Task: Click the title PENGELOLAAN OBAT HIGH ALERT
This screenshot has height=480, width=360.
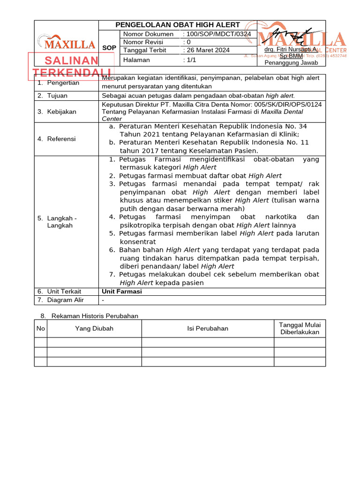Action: tap(178, 25)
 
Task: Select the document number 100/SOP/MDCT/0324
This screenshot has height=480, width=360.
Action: tap(218, 34)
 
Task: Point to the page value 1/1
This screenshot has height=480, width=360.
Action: tap(191, 60)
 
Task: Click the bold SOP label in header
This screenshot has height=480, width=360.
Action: tap(109, 48)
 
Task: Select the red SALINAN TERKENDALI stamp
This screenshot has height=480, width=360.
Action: tap(72, 66)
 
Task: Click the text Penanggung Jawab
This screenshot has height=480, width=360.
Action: tap(291, 63)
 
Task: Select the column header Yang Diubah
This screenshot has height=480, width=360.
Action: tap(94, 329)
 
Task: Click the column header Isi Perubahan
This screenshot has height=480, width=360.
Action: tap(208, 329)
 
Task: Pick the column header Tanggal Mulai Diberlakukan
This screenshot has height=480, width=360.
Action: tap(300, 329)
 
